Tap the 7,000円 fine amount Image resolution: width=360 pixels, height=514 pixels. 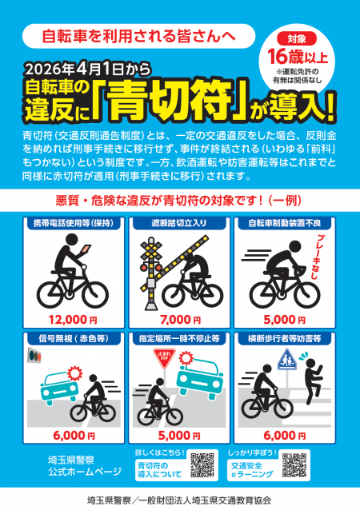tap(180, 319)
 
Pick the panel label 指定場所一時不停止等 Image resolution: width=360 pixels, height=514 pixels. tap(180, 338)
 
